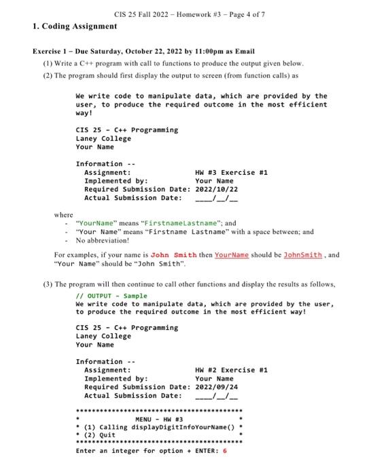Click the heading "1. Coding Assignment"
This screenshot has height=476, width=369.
(75, 27)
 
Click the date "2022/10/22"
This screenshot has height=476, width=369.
(214, 190)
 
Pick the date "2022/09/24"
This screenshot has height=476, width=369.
(214, 387)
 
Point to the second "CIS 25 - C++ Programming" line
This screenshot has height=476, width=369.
(127, 328)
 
